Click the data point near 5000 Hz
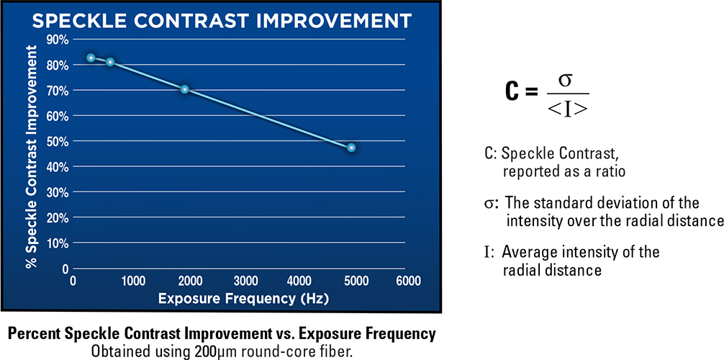[x=351, y=148]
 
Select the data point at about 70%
[x=185, y=89]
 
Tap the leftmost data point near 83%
[x=91, y=58]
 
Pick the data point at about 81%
[x=110, y=62]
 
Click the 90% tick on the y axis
[x=58, y=39]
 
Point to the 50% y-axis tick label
[x=58, y=141]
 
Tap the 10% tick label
[x=58, y=243]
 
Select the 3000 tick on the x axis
[x=245, y=281]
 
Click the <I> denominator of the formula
[x=567, y=109]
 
